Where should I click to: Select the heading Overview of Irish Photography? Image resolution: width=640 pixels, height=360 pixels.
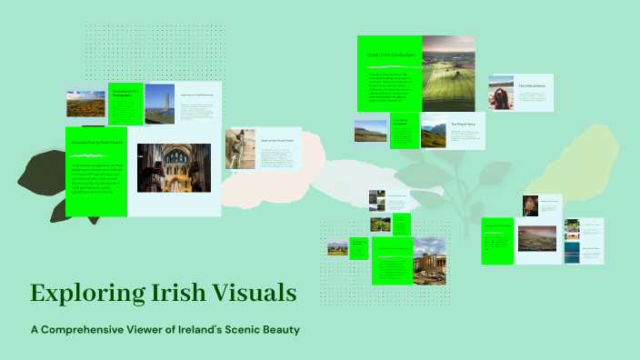(x=125, y=93)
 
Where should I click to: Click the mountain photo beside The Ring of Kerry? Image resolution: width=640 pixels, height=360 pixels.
(x=433, y=132)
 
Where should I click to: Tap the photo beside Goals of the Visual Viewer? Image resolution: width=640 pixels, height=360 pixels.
(x=241, y=149)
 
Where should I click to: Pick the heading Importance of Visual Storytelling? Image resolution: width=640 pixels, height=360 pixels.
(x=195, y=95)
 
